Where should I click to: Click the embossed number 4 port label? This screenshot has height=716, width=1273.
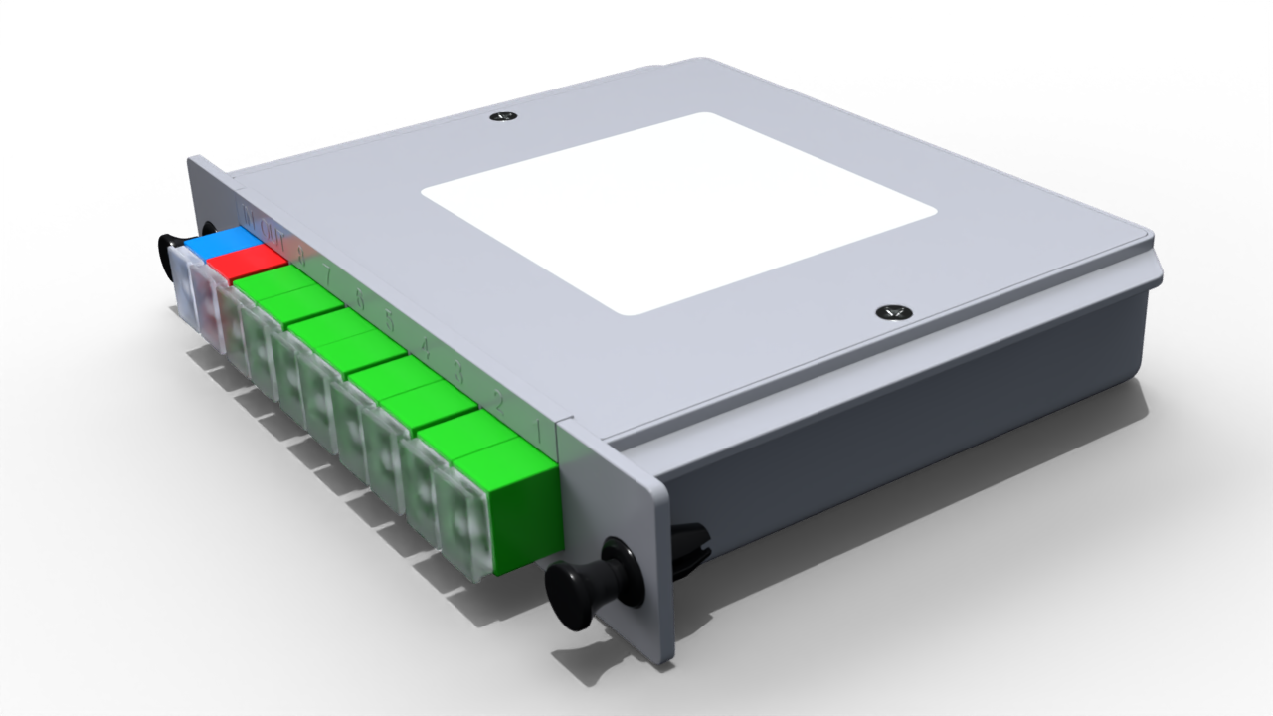tap(425, 348)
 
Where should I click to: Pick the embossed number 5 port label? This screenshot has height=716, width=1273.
tap(390, 322)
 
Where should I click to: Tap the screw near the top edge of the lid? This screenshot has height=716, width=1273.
tap(504, 117)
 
